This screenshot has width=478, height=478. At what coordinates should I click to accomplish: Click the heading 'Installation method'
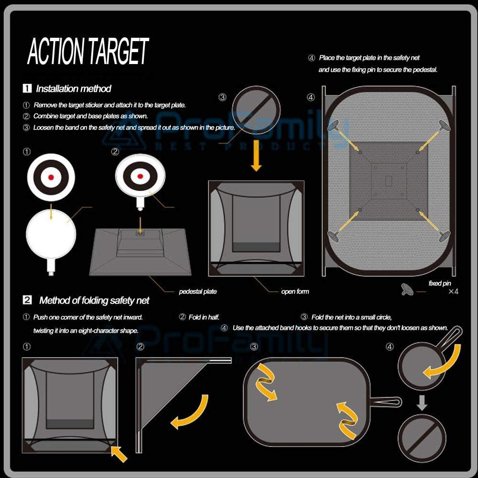73,88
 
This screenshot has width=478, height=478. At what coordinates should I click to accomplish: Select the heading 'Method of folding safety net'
94,300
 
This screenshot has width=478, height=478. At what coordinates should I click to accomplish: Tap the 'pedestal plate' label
197,291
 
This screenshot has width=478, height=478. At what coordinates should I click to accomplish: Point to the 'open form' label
295,291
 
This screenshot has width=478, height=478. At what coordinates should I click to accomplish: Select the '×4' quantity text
453,291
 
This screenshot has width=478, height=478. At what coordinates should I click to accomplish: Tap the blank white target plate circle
51,234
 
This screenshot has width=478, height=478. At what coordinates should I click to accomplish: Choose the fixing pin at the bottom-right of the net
443,235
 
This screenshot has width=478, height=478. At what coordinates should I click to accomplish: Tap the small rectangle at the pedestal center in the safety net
389,181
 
